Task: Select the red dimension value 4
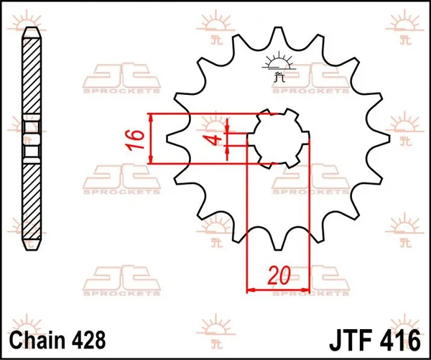coord(213,138)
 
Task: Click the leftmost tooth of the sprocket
coord(172,138)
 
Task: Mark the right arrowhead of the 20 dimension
coord(306,290)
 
